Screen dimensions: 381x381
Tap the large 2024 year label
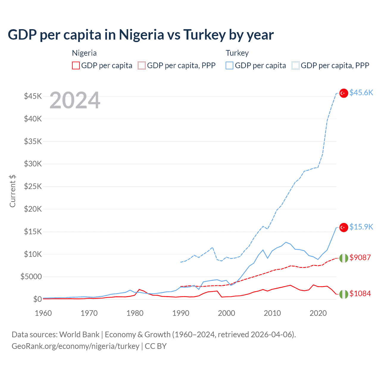coord(75,100)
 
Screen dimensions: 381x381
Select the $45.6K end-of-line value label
coord(361,93)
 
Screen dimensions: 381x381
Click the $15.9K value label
coord(361,227)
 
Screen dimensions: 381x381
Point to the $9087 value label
coord(360,257)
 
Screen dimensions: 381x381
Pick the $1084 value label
coord(360,293)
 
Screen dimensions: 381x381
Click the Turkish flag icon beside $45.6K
coord(344,93)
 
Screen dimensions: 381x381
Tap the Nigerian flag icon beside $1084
coord(344,294)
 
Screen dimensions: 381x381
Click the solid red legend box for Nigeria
coord(76,65)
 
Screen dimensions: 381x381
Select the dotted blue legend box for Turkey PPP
coord(296,65)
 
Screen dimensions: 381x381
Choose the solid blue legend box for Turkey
coord(229,65)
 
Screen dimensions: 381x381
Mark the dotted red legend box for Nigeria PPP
coord(142,65)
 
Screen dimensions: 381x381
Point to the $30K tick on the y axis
coord(33,164)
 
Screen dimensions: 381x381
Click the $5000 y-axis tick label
coord(31,277)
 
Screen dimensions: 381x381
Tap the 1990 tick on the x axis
coord(181,313)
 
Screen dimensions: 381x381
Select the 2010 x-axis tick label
coord(272,313)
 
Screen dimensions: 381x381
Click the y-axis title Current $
coord(13,191)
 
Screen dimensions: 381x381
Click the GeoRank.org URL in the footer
coord(75,346)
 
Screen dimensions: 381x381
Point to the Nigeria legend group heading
coord(84,53)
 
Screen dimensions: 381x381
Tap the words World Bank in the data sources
coord(79,335)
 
